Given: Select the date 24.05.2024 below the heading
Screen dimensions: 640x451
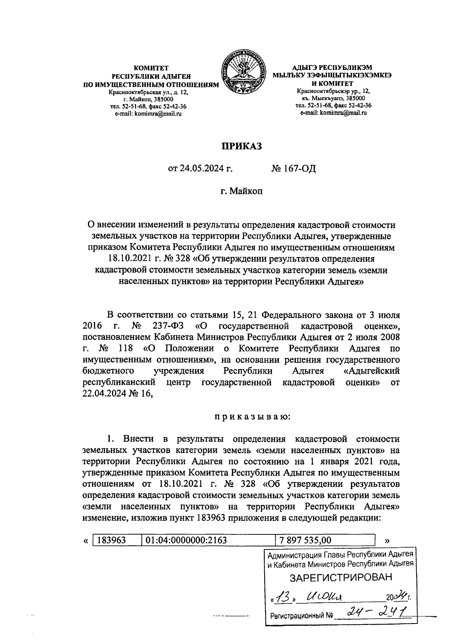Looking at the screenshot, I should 201,169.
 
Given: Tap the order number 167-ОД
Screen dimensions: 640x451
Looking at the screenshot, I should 294,169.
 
